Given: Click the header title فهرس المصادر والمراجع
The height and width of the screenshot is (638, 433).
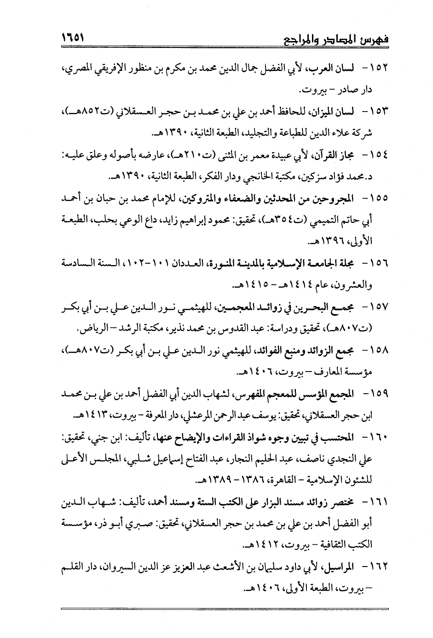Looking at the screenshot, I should coord(334,40).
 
